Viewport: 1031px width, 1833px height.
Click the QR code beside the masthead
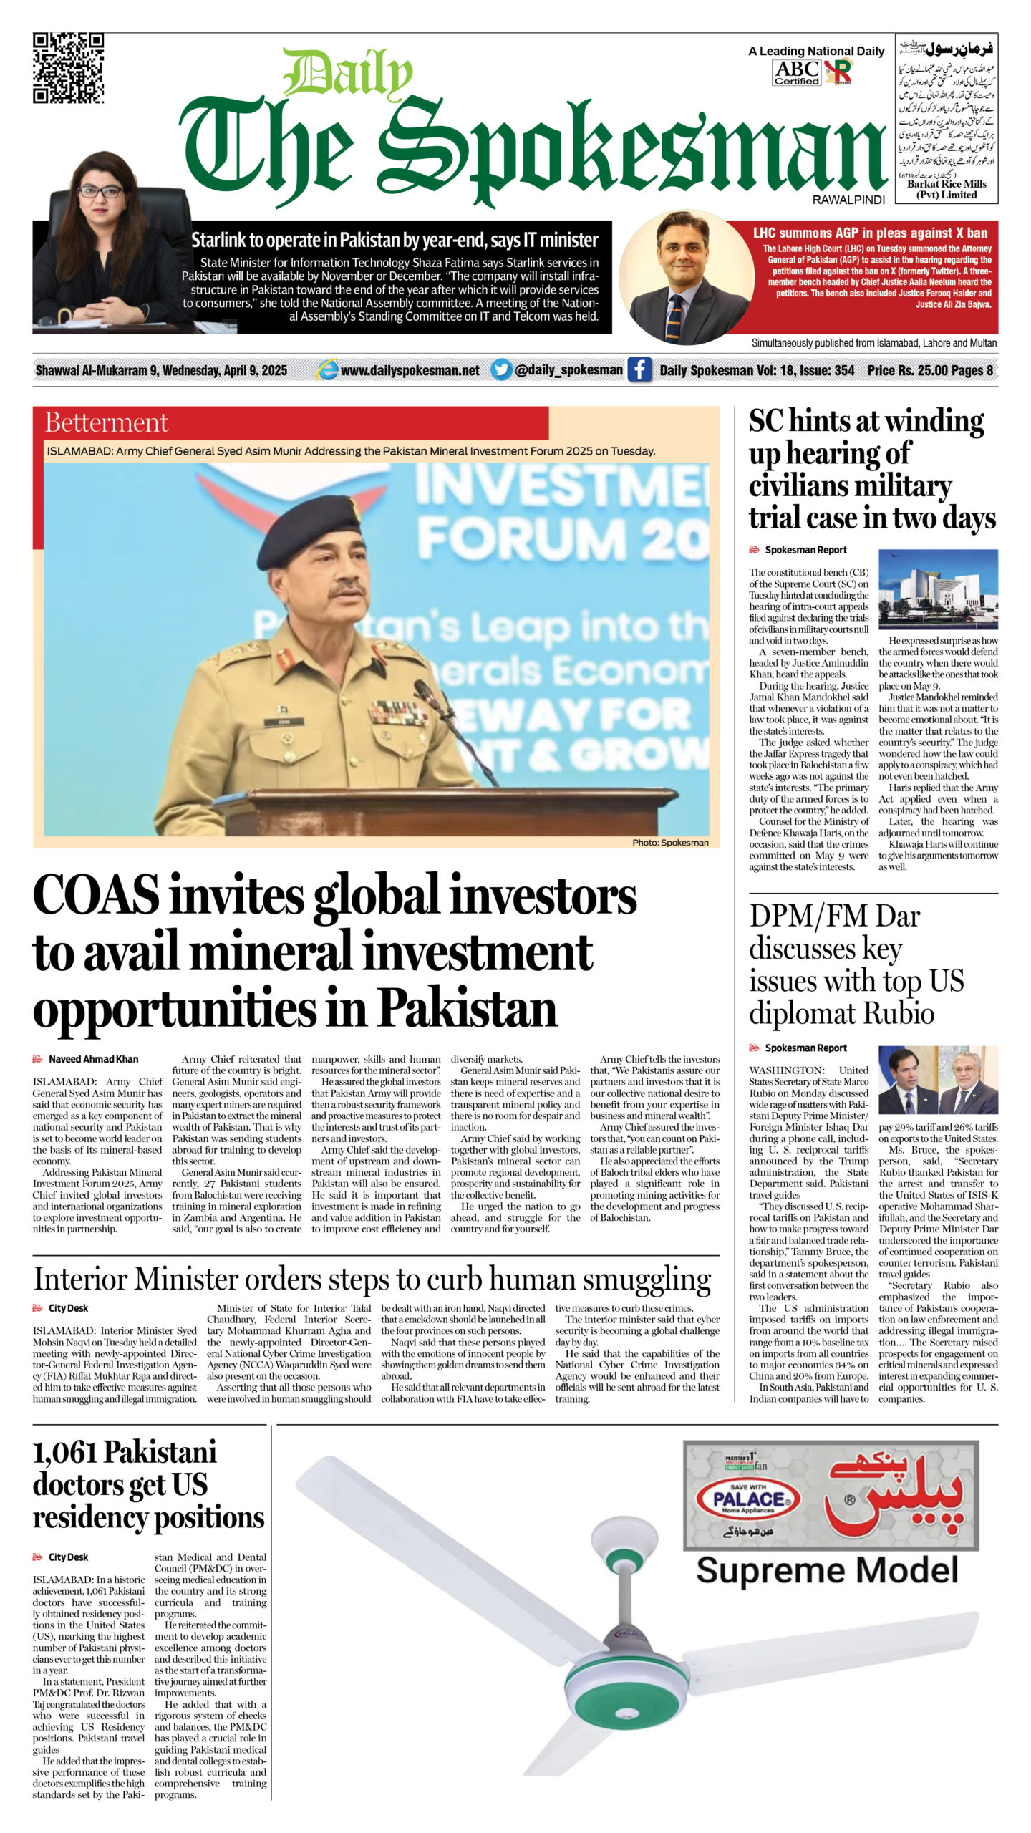[x=68, y=68]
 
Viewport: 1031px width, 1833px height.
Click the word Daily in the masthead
[x=348, y=74]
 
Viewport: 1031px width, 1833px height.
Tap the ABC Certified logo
[x=796, y=72]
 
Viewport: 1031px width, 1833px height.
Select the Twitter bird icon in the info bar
[x=501, y=369]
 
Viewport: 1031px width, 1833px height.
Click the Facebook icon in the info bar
[x=639, y=369]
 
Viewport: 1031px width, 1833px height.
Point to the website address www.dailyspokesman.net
[x=410, y=370]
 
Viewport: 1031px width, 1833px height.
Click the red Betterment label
[x=107, y=422]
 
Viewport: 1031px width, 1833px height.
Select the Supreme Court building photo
[x=937, y=589]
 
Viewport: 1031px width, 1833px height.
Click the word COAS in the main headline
[x=96, y=896]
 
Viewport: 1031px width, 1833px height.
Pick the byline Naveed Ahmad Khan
[x=93, y=1059]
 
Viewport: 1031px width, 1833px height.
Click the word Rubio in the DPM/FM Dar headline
[x=899, y=1014]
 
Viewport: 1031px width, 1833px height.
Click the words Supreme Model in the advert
[x=827, y=1570]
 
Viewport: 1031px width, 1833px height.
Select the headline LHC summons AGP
[x=869, y=233]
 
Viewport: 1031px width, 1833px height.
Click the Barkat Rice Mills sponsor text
[x=947, y=189]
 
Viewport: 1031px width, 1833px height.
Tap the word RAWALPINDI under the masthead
[x=848, y=200]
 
